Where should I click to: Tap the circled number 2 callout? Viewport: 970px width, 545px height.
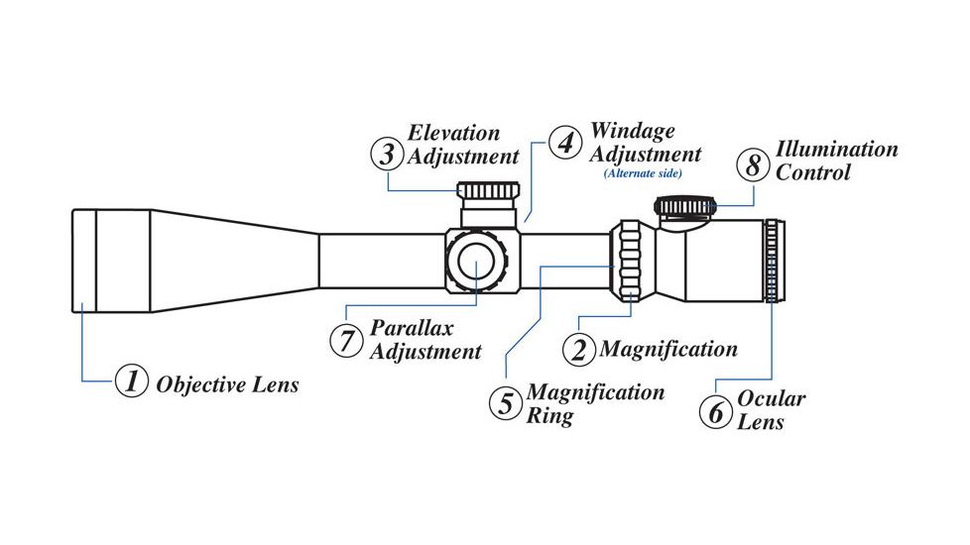pos(579,349)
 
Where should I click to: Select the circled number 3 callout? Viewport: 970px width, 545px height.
pos(387,155)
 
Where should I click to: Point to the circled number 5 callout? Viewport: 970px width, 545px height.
pos(506,403)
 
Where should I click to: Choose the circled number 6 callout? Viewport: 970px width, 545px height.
pos(715,410)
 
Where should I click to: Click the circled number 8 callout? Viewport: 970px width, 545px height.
pos(753,164)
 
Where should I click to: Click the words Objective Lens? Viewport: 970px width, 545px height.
pos(227,384)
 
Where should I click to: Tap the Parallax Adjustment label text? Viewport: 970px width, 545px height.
pos(425,339)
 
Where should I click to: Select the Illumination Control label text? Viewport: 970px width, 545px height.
pos(836,161)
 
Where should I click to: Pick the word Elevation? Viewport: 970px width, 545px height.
pos(454,133)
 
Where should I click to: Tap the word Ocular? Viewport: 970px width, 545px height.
pos(771,399)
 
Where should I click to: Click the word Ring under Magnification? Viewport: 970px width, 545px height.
pos(549,415)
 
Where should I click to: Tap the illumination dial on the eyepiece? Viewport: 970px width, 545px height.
pos(683,206)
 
